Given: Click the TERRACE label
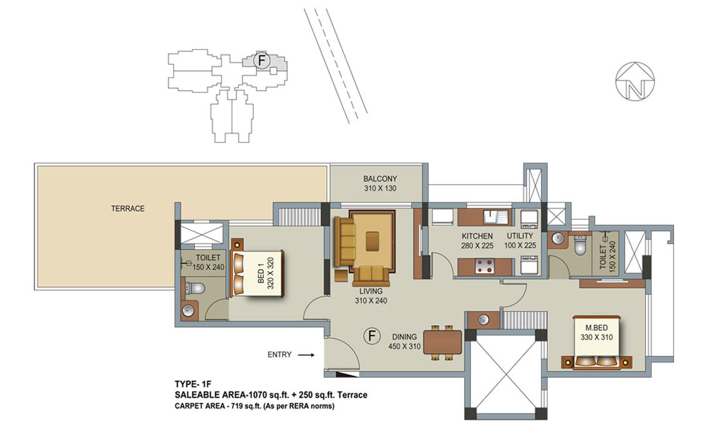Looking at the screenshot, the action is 128,208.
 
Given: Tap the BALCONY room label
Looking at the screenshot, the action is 380,178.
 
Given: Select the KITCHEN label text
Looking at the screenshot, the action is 477,236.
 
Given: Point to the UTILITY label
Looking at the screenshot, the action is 520,236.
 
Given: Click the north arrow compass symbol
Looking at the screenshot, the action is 634,81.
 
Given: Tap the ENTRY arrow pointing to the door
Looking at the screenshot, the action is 306,355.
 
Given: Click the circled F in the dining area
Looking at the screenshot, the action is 372,336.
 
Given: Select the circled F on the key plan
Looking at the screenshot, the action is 261,61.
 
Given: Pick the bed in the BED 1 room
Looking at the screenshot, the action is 256,273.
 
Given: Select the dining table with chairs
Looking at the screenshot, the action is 442,343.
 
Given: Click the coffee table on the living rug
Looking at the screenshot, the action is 372,240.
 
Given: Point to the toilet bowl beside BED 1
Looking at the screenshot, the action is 195,288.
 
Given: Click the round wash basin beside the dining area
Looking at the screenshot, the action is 484,320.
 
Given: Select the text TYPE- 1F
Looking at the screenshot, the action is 193,384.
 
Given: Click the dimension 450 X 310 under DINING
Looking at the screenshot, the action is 404,346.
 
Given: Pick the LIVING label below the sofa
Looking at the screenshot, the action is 371,291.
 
